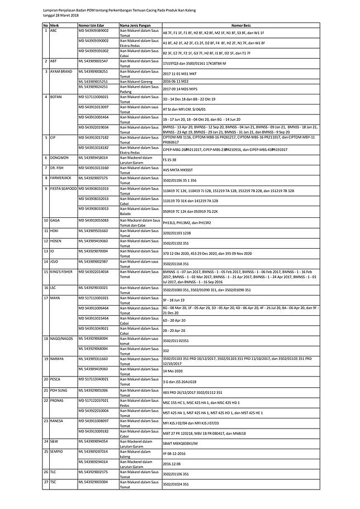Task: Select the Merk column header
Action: [x=54, y=26]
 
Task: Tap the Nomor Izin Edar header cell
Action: [x=92, y=26]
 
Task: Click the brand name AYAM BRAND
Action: [x=61, y=72]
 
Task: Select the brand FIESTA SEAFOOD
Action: [x=64, y=189]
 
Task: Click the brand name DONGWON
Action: [x=59, y=158]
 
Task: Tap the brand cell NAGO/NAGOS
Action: [x=61, y=338]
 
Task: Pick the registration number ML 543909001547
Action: [x=93, y=61]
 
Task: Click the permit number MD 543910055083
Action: [x=93, y=220]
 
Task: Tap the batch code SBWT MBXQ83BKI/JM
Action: [x=180, y=443]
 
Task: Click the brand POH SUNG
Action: [x=59, y=389]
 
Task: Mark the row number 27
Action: [x=46, y=482]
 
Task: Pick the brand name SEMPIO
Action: [x=58, y=451]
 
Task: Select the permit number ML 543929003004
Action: [x=93, y=482]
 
